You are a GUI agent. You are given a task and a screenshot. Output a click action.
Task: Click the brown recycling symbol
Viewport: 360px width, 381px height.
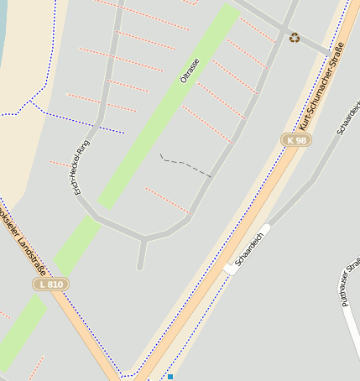(294, 37)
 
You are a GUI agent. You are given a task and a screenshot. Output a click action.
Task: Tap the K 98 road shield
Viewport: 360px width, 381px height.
(295, 140)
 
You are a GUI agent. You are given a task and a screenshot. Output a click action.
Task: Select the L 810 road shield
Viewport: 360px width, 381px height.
(50, 284)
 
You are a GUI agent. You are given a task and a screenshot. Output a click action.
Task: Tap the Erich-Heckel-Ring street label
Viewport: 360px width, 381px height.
(81, 166)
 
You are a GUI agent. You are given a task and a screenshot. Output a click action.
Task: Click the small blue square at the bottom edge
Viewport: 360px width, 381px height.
(170, 377)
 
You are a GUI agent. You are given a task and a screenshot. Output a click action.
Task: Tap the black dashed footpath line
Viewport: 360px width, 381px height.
(185, 165)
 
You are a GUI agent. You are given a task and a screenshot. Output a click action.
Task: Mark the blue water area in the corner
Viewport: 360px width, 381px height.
(3, 25)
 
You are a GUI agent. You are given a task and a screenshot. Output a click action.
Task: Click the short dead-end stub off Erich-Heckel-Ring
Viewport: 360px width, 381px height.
(141, 255)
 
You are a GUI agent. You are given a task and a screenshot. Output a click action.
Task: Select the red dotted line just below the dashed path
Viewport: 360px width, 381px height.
(167, 201)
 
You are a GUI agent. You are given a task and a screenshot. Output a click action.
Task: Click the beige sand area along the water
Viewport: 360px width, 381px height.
(25, 143)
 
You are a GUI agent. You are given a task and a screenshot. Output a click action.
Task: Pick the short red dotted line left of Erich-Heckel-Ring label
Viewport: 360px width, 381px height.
(61, 163)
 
